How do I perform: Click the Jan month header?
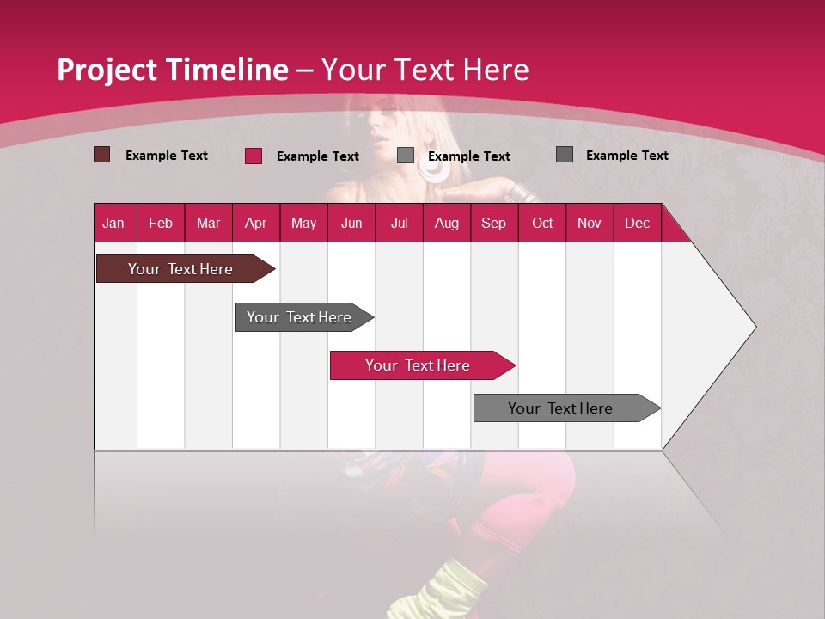(114, 223)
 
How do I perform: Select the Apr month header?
(256, 223)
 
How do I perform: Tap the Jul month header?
(399, 223)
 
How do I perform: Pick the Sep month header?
(493, 223)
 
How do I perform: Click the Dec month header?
(637, 223)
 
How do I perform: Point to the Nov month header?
(590, 223)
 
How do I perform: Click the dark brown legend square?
(102, 155)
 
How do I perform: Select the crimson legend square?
(254, 156)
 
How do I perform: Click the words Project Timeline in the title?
(172, 70)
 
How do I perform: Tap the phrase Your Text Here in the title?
(425, 70)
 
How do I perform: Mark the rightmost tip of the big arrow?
(755, 327)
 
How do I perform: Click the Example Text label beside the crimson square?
(317, 156)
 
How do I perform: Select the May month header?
(303, 223)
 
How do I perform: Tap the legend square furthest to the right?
(565, 155)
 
